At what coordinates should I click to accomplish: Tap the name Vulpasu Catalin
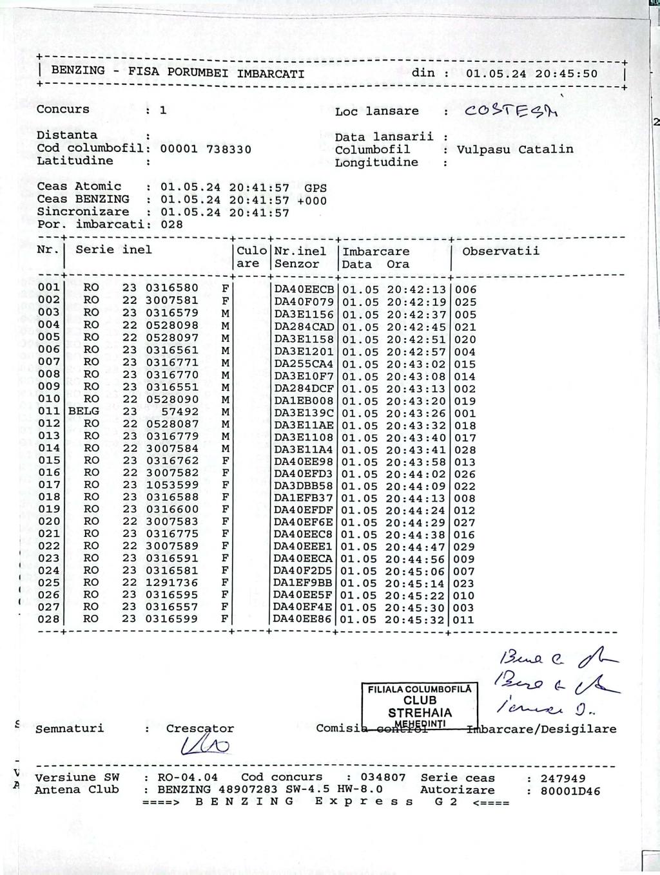tap(515, 149)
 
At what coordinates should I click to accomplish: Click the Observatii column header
tap(501, 251)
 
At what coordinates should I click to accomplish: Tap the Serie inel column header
tap(114, 250)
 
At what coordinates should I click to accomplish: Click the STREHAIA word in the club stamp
tap(420, 713)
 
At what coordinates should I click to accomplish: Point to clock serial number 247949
tap(563, 778)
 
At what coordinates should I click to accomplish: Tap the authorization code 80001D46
tap(570, 791)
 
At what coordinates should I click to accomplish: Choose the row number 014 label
tap(49, 448)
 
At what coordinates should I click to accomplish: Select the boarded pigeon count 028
tap(171, 225)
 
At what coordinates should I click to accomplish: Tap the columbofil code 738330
tap(229, 149)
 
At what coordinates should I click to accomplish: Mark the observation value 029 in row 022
tap(464, 547)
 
